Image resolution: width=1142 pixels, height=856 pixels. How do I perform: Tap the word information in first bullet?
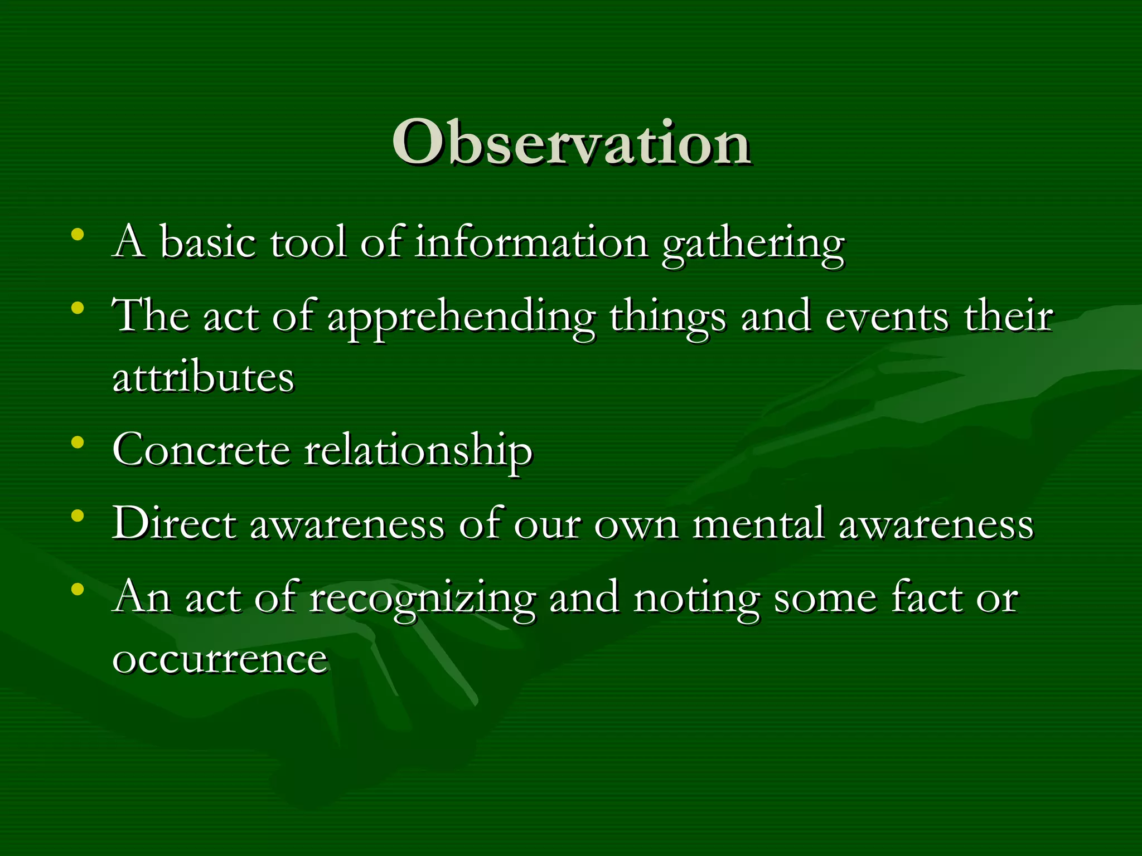(531, 243)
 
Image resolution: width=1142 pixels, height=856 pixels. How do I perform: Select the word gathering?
(753, 245)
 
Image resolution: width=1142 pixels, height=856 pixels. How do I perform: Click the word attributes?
(203, 378)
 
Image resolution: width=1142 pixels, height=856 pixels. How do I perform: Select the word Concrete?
(201, 450)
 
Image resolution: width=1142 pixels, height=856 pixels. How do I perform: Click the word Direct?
(174, 524)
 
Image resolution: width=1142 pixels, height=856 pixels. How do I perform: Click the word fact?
(926, 597)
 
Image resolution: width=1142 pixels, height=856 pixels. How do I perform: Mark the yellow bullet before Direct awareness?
(78, 516)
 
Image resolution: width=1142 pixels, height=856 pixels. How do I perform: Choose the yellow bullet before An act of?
(78, 589)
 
